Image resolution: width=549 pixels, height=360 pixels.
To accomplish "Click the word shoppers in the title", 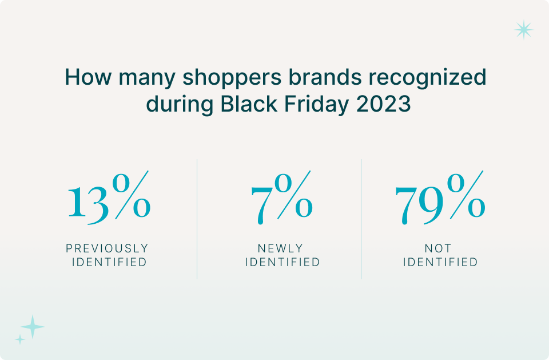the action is (x=232, y=78).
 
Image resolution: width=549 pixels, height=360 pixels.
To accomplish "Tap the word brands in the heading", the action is (x=325, y=77).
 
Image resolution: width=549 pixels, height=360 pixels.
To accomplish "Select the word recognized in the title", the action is (x=428, y=78).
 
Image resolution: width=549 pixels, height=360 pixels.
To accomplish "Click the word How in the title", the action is (x=88, y=77).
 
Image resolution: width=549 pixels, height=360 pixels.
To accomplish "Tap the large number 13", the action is (x=88, y=204).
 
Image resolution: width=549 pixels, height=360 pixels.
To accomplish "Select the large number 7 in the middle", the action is (x=261, y=205).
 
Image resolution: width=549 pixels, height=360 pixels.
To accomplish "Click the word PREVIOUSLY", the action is (x=107, y=248).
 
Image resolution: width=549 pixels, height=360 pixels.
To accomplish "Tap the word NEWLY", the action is (x=280, y=248).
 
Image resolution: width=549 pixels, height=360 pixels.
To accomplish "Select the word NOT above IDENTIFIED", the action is (x=438, y=248).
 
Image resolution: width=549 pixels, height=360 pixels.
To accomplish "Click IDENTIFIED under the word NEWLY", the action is (x=283, y=262).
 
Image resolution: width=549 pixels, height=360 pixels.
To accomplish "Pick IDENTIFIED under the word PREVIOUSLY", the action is (x=109, y=262).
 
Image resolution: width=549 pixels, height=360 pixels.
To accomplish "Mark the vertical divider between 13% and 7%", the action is (x=197, y=219).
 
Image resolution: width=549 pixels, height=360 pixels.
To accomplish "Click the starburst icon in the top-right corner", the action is (x=524, y=30).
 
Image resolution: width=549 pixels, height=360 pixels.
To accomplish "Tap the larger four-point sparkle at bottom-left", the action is (x=33, y=327).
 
